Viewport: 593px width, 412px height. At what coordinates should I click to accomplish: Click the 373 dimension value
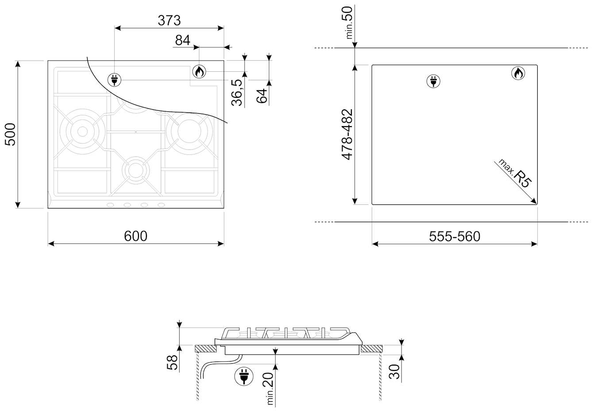(169, 20)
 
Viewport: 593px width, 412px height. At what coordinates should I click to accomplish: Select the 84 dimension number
(183, 40)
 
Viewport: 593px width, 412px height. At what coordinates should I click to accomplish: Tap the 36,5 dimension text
(237, 92)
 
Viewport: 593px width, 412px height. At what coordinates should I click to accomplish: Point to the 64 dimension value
(262, 96)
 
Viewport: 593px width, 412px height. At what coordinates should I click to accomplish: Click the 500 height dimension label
(11, 134)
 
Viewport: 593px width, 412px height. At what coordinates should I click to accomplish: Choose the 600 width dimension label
(135, 236)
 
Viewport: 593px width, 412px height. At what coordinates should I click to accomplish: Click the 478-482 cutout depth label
(347, 134)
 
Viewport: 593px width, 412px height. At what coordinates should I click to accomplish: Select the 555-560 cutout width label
(454, 236)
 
